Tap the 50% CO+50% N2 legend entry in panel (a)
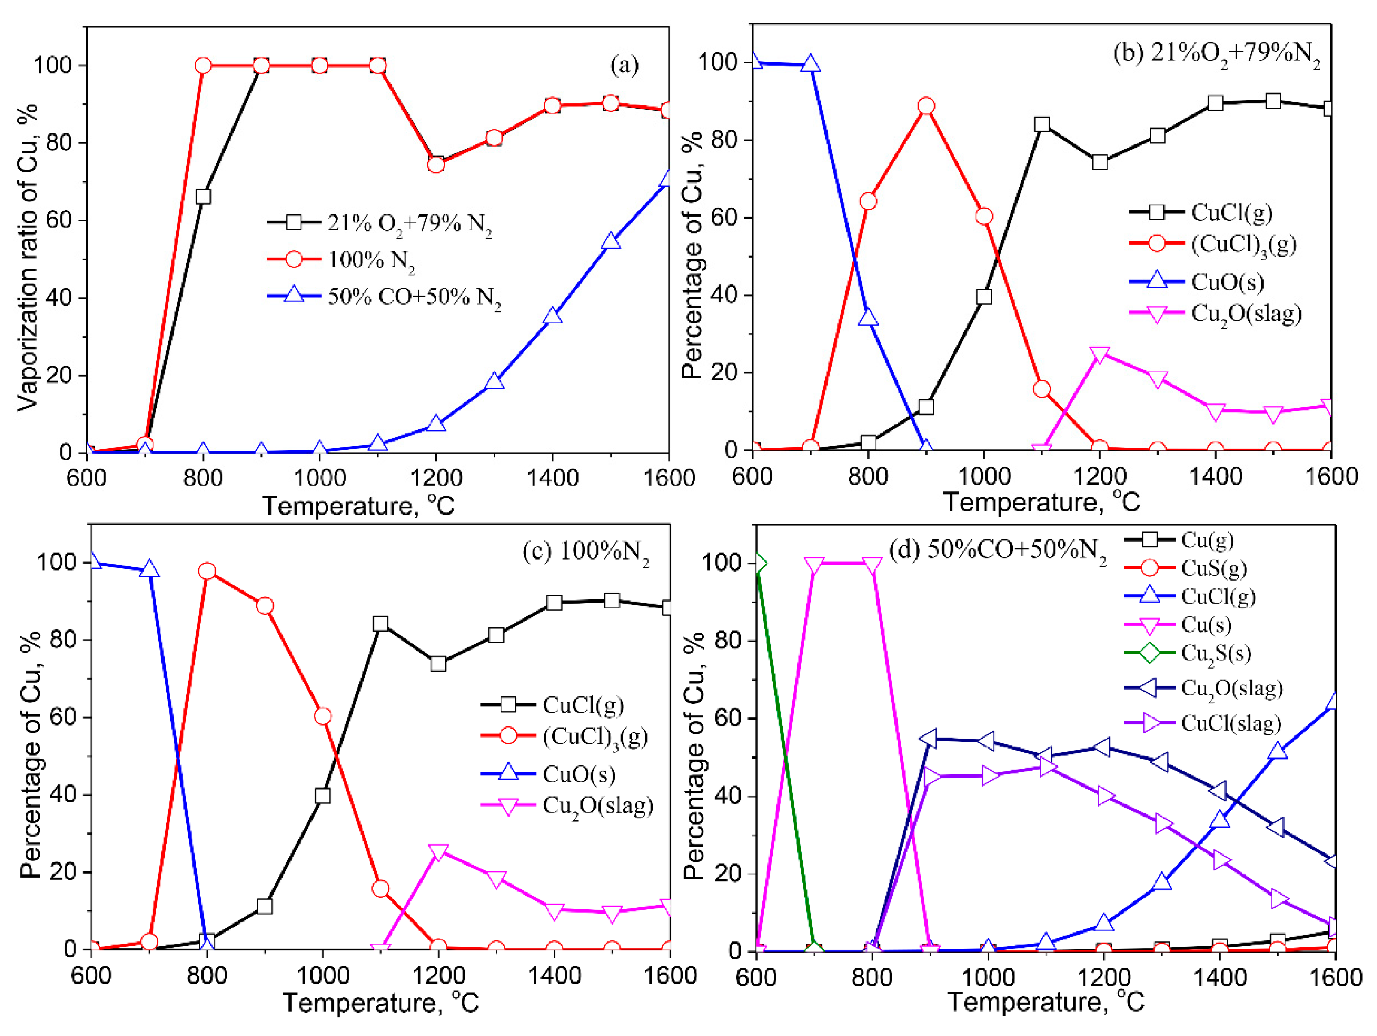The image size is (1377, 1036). tap(414, 297)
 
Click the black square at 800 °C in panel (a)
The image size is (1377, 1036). tap(203, 197)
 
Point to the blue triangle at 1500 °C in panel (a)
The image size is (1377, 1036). tap(611, 241)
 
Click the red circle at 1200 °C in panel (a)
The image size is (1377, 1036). tap(436, 164)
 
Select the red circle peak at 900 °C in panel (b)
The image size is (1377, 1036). tap(926, 106)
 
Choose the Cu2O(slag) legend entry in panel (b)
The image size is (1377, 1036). tap(1246, 314)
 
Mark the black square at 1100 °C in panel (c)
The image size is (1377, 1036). tap(380, 624)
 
